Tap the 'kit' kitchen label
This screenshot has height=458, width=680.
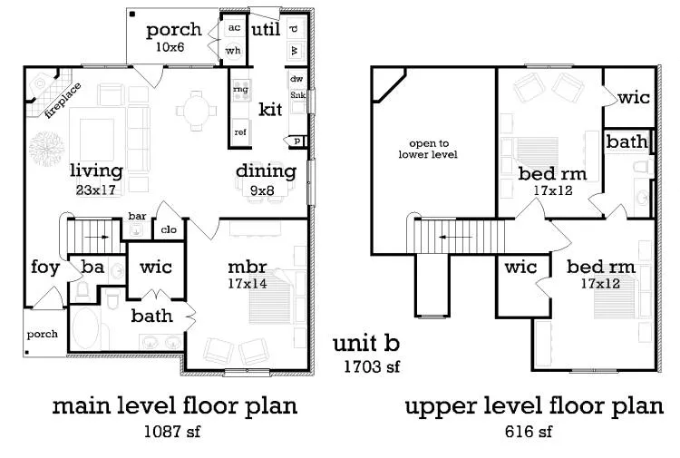(270, 110)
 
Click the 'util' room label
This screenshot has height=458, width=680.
(265, 31)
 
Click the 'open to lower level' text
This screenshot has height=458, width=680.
(432, 149)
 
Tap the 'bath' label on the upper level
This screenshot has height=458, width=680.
(627, 141)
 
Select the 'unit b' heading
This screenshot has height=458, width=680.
(365, 344)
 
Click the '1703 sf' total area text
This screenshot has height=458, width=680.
(371, 366)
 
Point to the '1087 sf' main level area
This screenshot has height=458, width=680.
(171, 431)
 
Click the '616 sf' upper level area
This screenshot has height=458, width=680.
(528, 431)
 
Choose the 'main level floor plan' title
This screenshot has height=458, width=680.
(174, 405)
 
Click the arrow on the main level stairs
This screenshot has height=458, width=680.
(101, 238)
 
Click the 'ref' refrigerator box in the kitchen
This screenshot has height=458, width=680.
(240, 132)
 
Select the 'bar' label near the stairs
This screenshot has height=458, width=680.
(137, 217)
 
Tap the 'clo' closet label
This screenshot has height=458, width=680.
(169, 230)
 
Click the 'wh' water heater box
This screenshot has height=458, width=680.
(233, 50)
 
